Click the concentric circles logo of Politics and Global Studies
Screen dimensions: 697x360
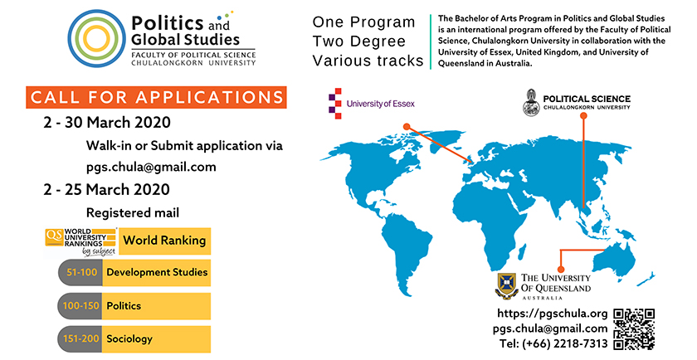pyautogui.click(x=96, y=39)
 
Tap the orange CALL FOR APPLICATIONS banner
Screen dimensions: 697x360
pyautogui.click(x=156, y=97)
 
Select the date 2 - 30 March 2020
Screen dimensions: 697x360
pyautogui.click(x=107, y=122)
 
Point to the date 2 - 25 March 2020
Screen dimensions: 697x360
pyautogui.click(x=106, y=189)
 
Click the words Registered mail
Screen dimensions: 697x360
pyautogui.click(x=133, y=213)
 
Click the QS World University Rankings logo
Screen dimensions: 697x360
pyautogui.click(x=81, y=242)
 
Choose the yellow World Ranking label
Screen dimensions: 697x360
pyautogui.click(x=165, y=241)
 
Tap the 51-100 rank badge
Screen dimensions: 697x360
pyautogui.click(x=80, y=272)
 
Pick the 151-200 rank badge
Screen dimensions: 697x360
pyautogui.click(x=80, y=338)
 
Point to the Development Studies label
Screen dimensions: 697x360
pyautogui.click(x=156, y=272)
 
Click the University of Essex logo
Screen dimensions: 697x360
pyautogui.click(x=372, y=104)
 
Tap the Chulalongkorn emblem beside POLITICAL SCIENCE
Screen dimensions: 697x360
pyautogui.click(x=531, y=103)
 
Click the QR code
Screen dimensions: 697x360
pyautogui.click(x=634, y=329)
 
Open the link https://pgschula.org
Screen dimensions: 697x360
pyautogui.click(x=552, y=314)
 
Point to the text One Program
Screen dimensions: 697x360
pyautogui.click(x=363, y=22)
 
